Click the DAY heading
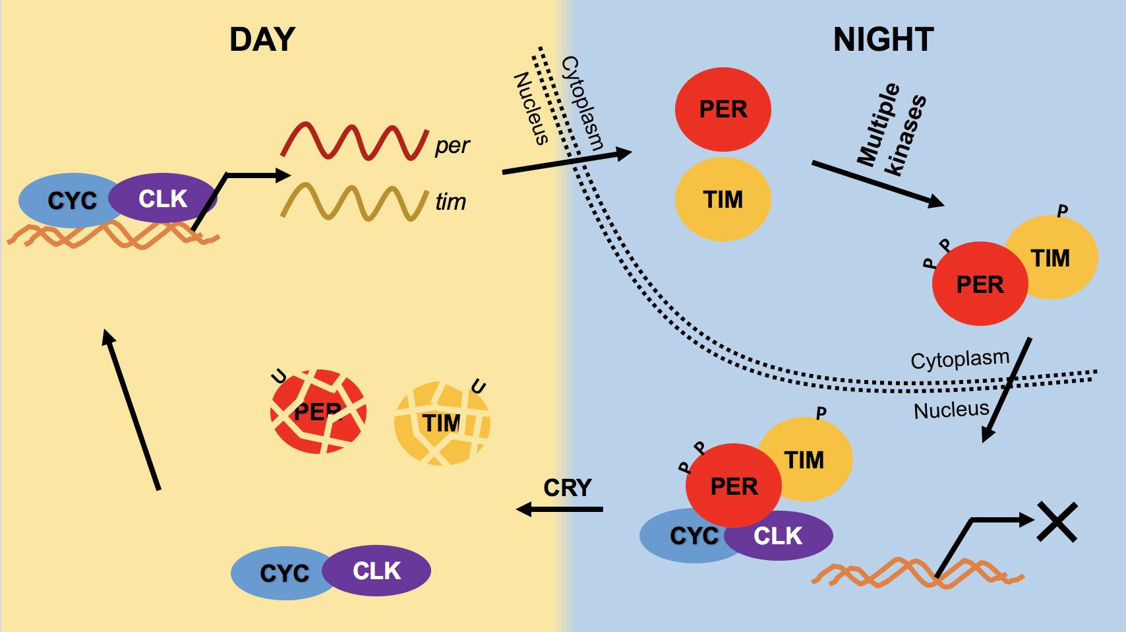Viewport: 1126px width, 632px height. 262,40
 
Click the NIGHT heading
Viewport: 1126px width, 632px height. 883,40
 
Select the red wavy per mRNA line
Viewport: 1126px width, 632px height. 354,141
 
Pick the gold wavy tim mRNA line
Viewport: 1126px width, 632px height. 354,202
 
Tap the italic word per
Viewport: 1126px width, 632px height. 452,145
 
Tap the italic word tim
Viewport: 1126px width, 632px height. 451,201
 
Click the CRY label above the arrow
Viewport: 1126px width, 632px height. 567,488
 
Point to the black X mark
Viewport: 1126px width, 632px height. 1057,522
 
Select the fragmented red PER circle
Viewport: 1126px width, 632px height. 318,412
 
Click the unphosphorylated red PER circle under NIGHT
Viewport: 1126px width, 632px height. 723,110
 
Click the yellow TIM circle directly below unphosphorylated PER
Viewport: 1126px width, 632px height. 723,199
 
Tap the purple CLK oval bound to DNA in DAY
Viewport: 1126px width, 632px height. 163,199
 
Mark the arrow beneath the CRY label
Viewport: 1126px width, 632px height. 560,509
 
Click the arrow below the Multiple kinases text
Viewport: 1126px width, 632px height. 877,183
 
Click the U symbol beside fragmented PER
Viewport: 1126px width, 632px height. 280,377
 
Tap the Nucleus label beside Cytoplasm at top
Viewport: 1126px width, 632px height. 531,108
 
